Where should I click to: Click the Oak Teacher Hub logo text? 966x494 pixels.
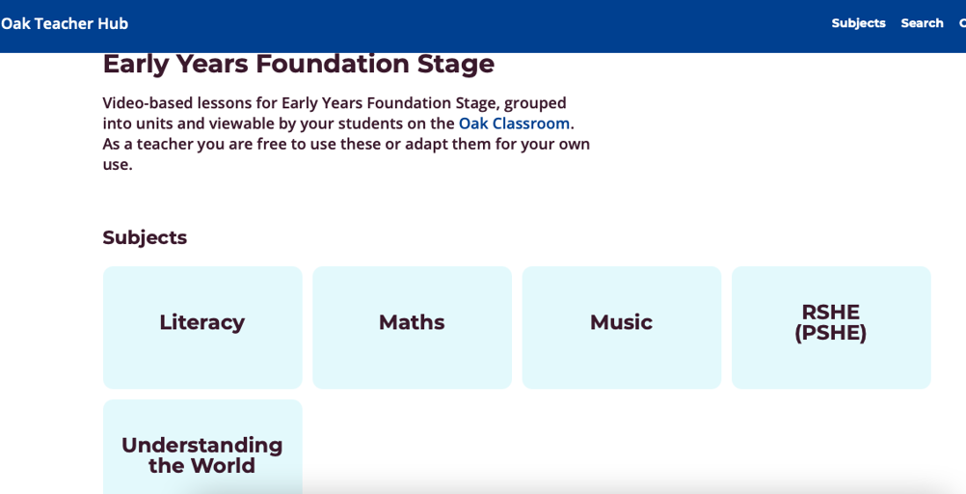[64, 23]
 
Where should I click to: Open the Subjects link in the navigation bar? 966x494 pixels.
[858, 23]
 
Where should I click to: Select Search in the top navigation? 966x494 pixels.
[922, 23]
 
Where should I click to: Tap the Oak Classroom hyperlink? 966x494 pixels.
[514, 123]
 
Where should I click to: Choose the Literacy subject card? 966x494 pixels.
[202, 327]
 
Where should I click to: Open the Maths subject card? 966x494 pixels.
[413, 327]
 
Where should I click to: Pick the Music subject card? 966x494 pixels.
[622, 327]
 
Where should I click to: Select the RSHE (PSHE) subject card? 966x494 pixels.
[831, 327]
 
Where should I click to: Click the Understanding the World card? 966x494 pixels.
[202, 447]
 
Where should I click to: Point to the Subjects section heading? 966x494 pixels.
[145, 238]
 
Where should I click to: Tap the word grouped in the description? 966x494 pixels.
[535, 103]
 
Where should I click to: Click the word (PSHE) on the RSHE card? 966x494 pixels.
[830, 333]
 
